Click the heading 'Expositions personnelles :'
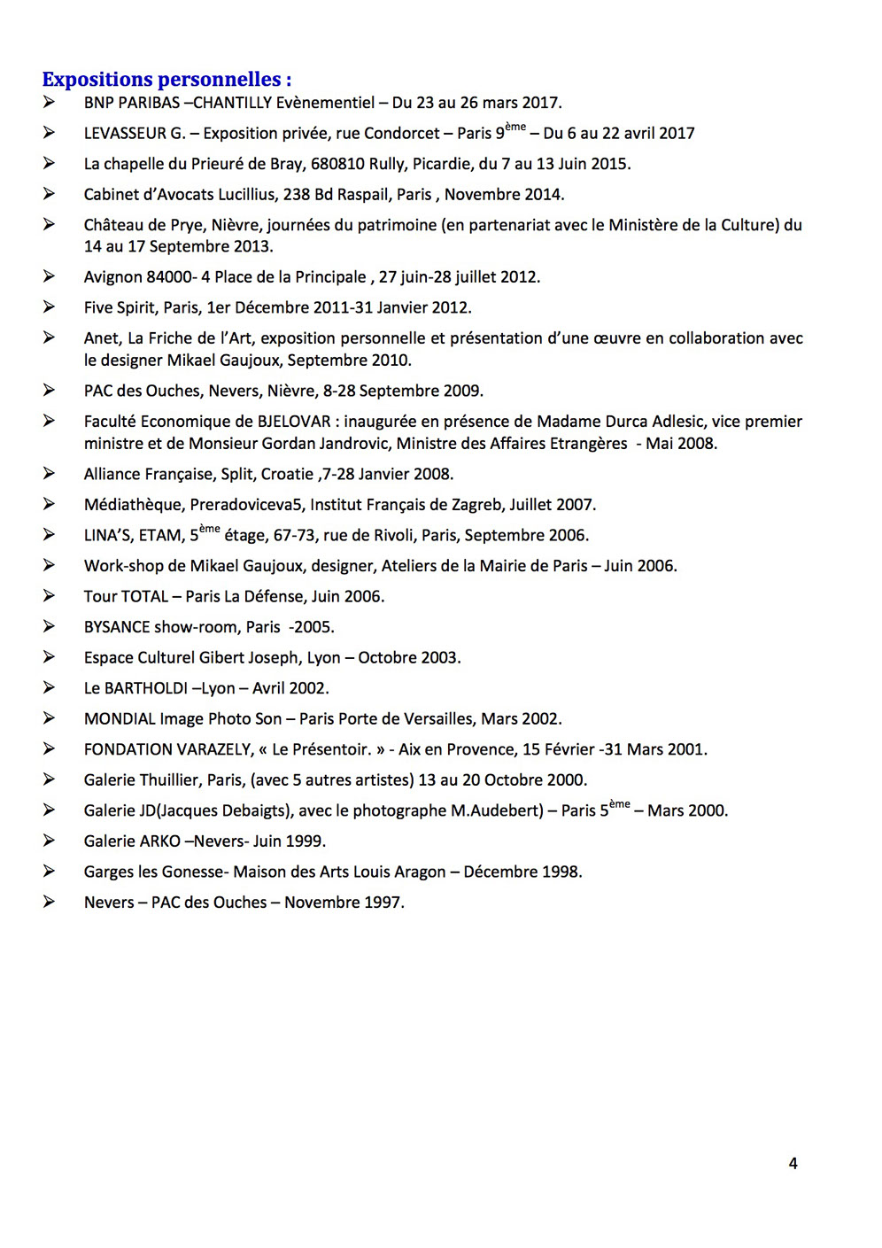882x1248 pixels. coord(166,80)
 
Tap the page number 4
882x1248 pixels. coord(793,1163)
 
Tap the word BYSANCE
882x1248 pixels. coord(117,627)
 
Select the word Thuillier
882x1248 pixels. coord(166,780)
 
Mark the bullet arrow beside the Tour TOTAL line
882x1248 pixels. coord(49,596)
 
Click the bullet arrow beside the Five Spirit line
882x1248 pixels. coord(49,307)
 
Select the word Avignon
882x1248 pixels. coord(113,277)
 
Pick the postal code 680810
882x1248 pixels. coord(338,164)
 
